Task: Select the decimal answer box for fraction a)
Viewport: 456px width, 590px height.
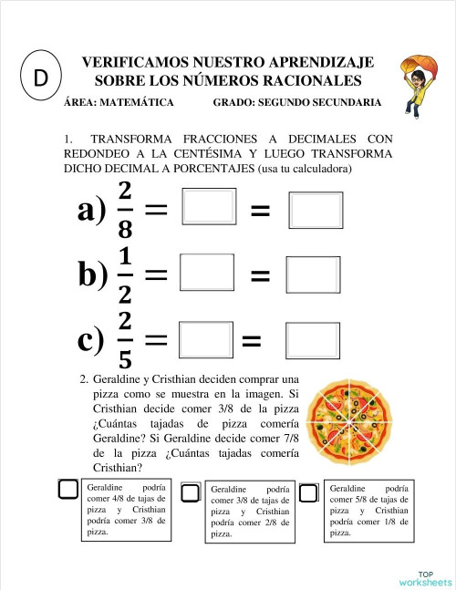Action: pos(210,206)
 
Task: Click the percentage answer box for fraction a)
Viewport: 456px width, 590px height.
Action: pos(316,210)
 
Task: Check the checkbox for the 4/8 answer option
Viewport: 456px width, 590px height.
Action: pos(68,490)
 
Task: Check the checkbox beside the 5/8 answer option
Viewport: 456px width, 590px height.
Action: pos(309,492)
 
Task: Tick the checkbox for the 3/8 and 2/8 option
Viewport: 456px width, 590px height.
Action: pos(191,493)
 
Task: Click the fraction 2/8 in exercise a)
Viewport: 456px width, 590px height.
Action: pos(125,210)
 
